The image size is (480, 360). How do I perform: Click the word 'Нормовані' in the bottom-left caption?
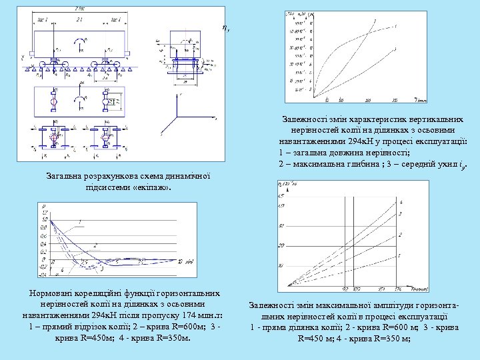tap(47, 293)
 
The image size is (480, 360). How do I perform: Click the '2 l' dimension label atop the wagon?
tap(79, 21)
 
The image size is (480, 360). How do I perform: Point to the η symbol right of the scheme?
tap(226, 28)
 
